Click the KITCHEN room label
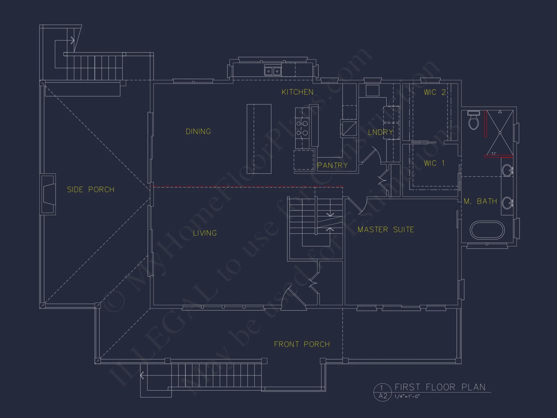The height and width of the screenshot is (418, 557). click(297, 92)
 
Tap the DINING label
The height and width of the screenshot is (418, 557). click(198, 132)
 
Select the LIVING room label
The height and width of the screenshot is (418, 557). click(205, 233)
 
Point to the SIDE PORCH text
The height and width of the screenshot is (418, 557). click(91, 189)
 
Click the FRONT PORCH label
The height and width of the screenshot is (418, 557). click(302, 344)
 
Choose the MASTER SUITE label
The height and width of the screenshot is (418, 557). click(386, 230)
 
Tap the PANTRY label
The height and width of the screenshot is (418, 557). click(333, 166)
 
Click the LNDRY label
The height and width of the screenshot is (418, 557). click(380, 132)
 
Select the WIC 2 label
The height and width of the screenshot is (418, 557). click(434, 92)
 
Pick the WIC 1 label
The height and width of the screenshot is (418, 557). click(434, 163)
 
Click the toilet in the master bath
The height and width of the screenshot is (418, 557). click(473, 121)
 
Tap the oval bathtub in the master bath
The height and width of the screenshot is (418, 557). click(487, 230)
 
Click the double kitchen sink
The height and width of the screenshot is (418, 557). click(273, 71)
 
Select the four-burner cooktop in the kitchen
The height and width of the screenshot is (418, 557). click(302, 128)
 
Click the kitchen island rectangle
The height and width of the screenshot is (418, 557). click(259, 139)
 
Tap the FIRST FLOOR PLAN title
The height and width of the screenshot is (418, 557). click(440, 387)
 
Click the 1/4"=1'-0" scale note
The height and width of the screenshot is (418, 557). click(407, 397)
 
